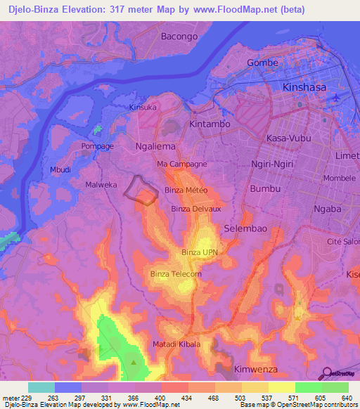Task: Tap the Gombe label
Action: [263, 63]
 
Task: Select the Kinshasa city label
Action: [305, 88]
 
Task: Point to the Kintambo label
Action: [210, 124]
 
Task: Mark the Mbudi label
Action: [60, 169]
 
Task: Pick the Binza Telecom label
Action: [176, 273]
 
